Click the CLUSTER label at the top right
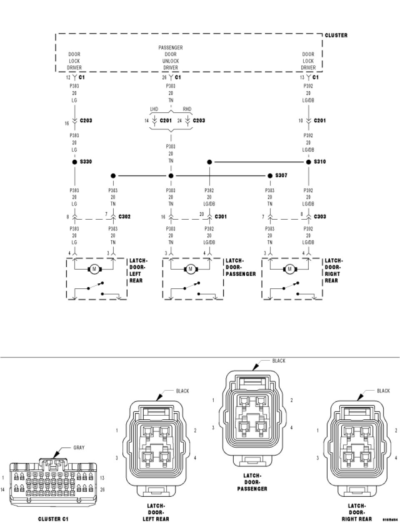click(x=336, y=35)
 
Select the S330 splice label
click(x=86, y=162)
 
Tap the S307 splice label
click(x=281, y=176)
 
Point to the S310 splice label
click(x=320, y=162)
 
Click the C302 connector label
click(x=124, y=217)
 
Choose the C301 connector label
click(x=220, y=217)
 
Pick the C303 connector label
click(x=320, y=217)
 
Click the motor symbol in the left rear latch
click(x=94, y=269)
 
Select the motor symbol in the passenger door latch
click(x=190, y=269)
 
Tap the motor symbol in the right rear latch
click(x=290, y=269)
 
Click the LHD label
click(x=154, y=109)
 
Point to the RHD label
click(x=187, y=109)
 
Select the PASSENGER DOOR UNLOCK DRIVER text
click(x=170, y=57)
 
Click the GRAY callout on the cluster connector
click(x=79, y=448)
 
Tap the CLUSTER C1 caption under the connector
click(x=53, y=519)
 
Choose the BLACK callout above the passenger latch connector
click(x=279, y=361)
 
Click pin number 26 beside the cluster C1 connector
click(x=102, y=490)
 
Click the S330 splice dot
click(x=75, y=162)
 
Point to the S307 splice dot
click(x=270, y=176)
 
